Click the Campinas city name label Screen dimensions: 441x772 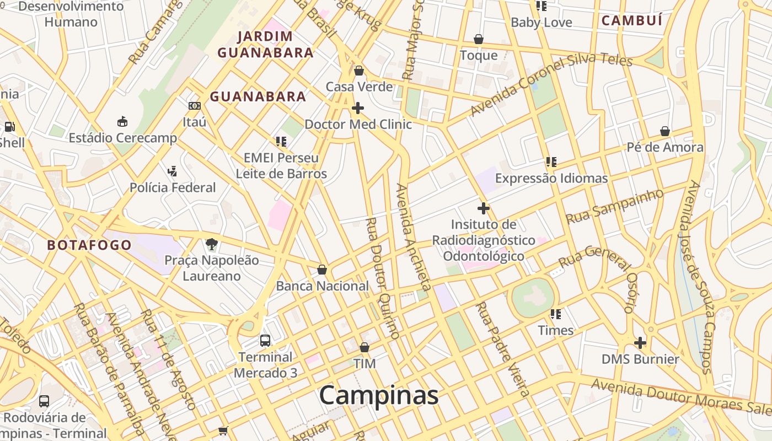pos(378,395)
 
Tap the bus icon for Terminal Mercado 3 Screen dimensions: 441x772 pos(265,340)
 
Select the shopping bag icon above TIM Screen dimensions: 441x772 pos(364,347)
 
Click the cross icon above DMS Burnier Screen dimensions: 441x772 pos(640,343)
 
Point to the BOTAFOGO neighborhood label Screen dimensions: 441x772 pos(89,245)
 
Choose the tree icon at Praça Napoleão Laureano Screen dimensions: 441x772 pos(211,244)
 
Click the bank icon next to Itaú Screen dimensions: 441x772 pos(194,105)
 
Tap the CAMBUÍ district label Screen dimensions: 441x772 pos(631,21)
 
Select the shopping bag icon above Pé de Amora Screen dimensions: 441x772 pos(665,131)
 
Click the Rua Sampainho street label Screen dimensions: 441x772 pos(614,206)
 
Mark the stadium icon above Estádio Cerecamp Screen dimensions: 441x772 pos(122,121)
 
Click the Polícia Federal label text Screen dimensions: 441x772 pos(173,187)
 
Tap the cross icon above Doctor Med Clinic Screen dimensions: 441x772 pos(358,108)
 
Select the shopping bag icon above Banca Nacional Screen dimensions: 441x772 pos(322,270)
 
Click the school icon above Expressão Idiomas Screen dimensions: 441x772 pos(551,162)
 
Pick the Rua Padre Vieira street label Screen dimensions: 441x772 pos(502,348)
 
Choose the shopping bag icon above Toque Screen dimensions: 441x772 pos(479,39)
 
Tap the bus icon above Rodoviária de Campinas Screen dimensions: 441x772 pos(44,401)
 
